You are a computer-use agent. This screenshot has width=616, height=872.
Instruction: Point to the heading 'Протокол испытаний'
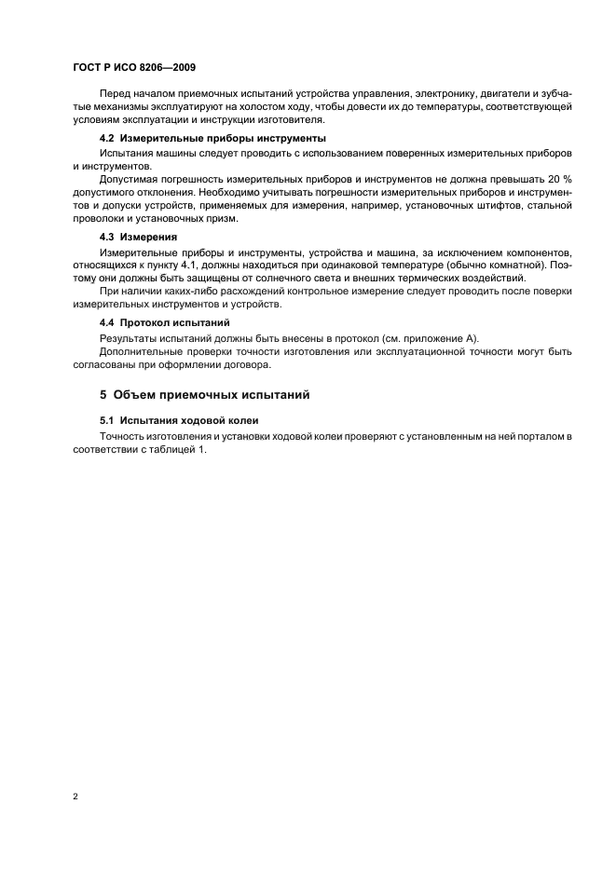(x=177, y=321)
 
